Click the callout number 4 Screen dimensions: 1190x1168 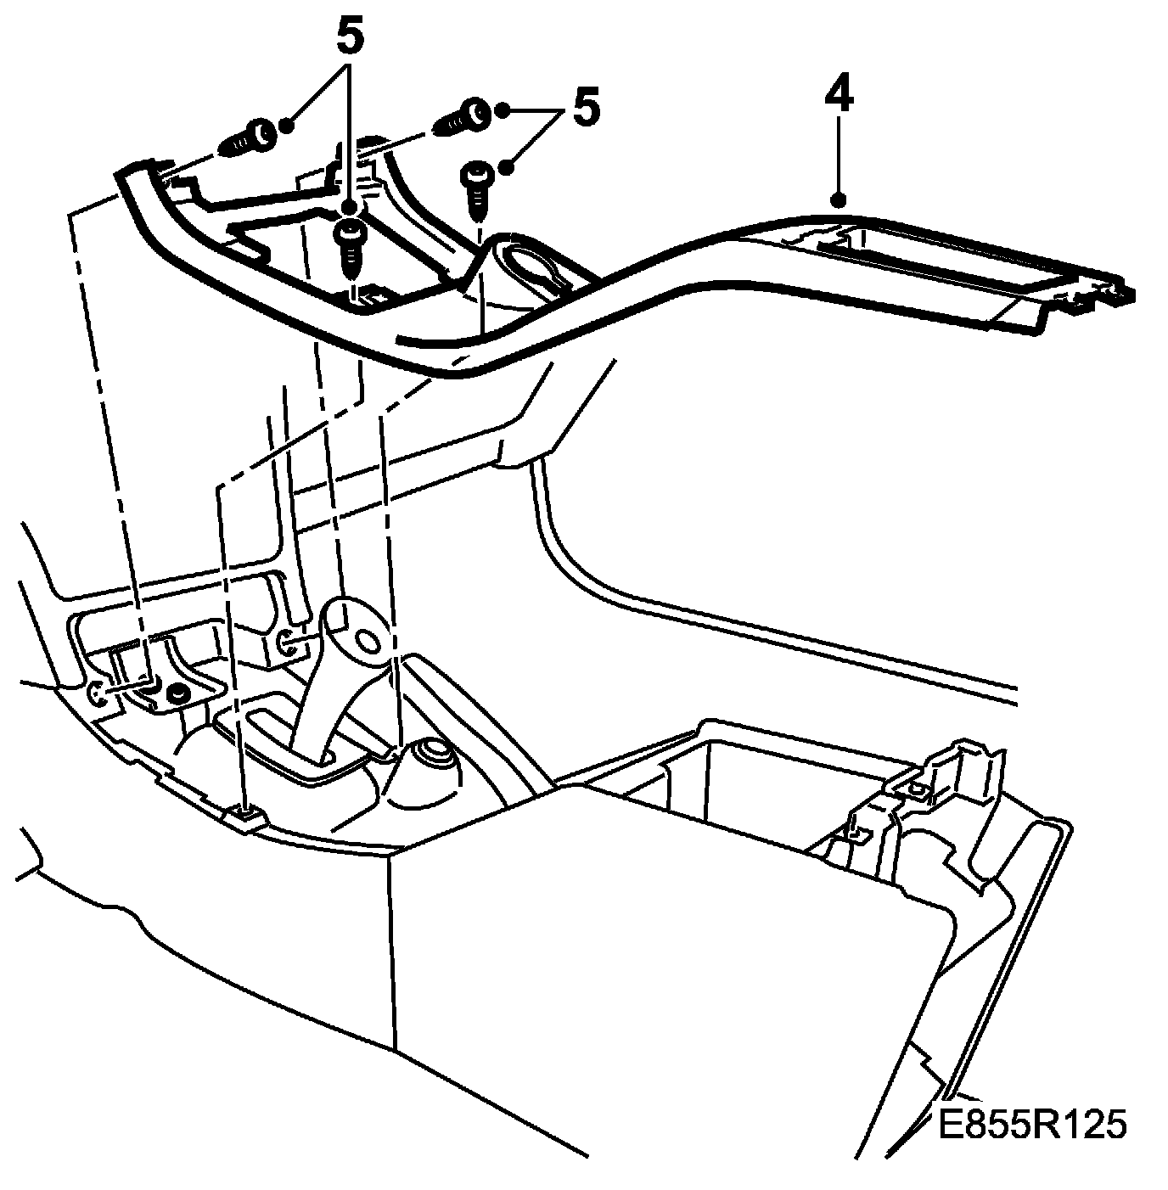click(839, 98)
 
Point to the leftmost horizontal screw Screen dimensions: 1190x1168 click(247, 138)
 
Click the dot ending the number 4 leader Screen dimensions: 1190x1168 click(839, 200)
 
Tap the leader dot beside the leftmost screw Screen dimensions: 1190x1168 click(286, 126)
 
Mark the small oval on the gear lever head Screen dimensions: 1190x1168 click(369, 639)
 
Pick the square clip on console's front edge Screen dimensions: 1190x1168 click(245, 816)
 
